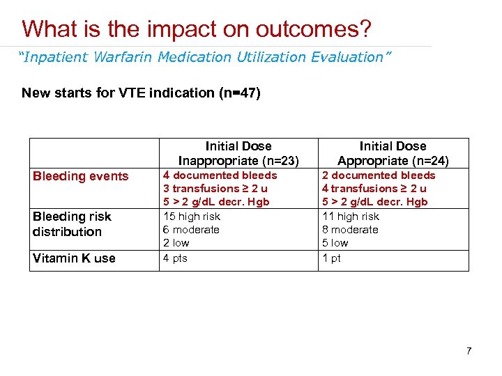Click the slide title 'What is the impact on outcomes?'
tap(197, 29)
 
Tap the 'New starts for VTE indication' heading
tap(141, 93)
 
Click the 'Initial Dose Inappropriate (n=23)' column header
tap(238, 153)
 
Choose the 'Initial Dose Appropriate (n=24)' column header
tap(392, 153)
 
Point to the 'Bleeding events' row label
tap(81, 176)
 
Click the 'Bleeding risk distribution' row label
tap(72, 224)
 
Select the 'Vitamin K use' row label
tap(74, 258)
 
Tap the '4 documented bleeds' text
tap(220, 175)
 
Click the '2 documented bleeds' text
tap(378, 175)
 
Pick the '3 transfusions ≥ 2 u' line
tap(215, 189)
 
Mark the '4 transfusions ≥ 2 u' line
tap(374, 189)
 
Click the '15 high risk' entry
tap(192, 217)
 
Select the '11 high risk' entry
tap(350, 217)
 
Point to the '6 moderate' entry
tap(191, 230)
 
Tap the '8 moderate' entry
tap(350, 230)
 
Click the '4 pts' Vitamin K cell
tap(176, 258)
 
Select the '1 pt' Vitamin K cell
tap(331, 258)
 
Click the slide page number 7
tap(469, 351)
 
